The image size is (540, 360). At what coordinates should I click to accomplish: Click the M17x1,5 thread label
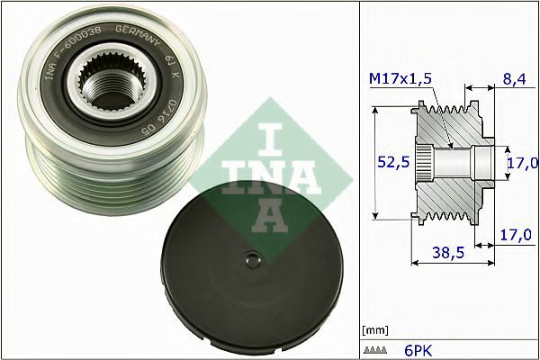click(400, 79)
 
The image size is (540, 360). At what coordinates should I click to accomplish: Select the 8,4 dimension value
click(515, 79)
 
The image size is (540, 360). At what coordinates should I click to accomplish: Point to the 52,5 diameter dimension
click(393, 162)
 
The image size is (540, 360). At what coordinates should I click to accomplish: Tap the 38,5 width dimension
click(448, 253)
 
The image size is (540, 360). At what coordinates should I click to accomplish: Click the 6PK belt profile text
click(418, 351)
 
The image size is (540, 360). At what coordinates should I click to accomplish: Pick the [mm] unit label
click(375, 330)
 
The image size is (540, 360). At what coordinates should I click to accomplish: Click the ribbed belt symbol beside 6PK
click(375, 350)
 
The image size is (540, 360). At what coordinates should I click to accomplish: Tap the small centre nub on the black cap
click(253, 259)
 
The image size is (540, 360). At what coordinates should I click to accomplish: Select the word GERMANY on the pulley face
click(138, 35)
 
